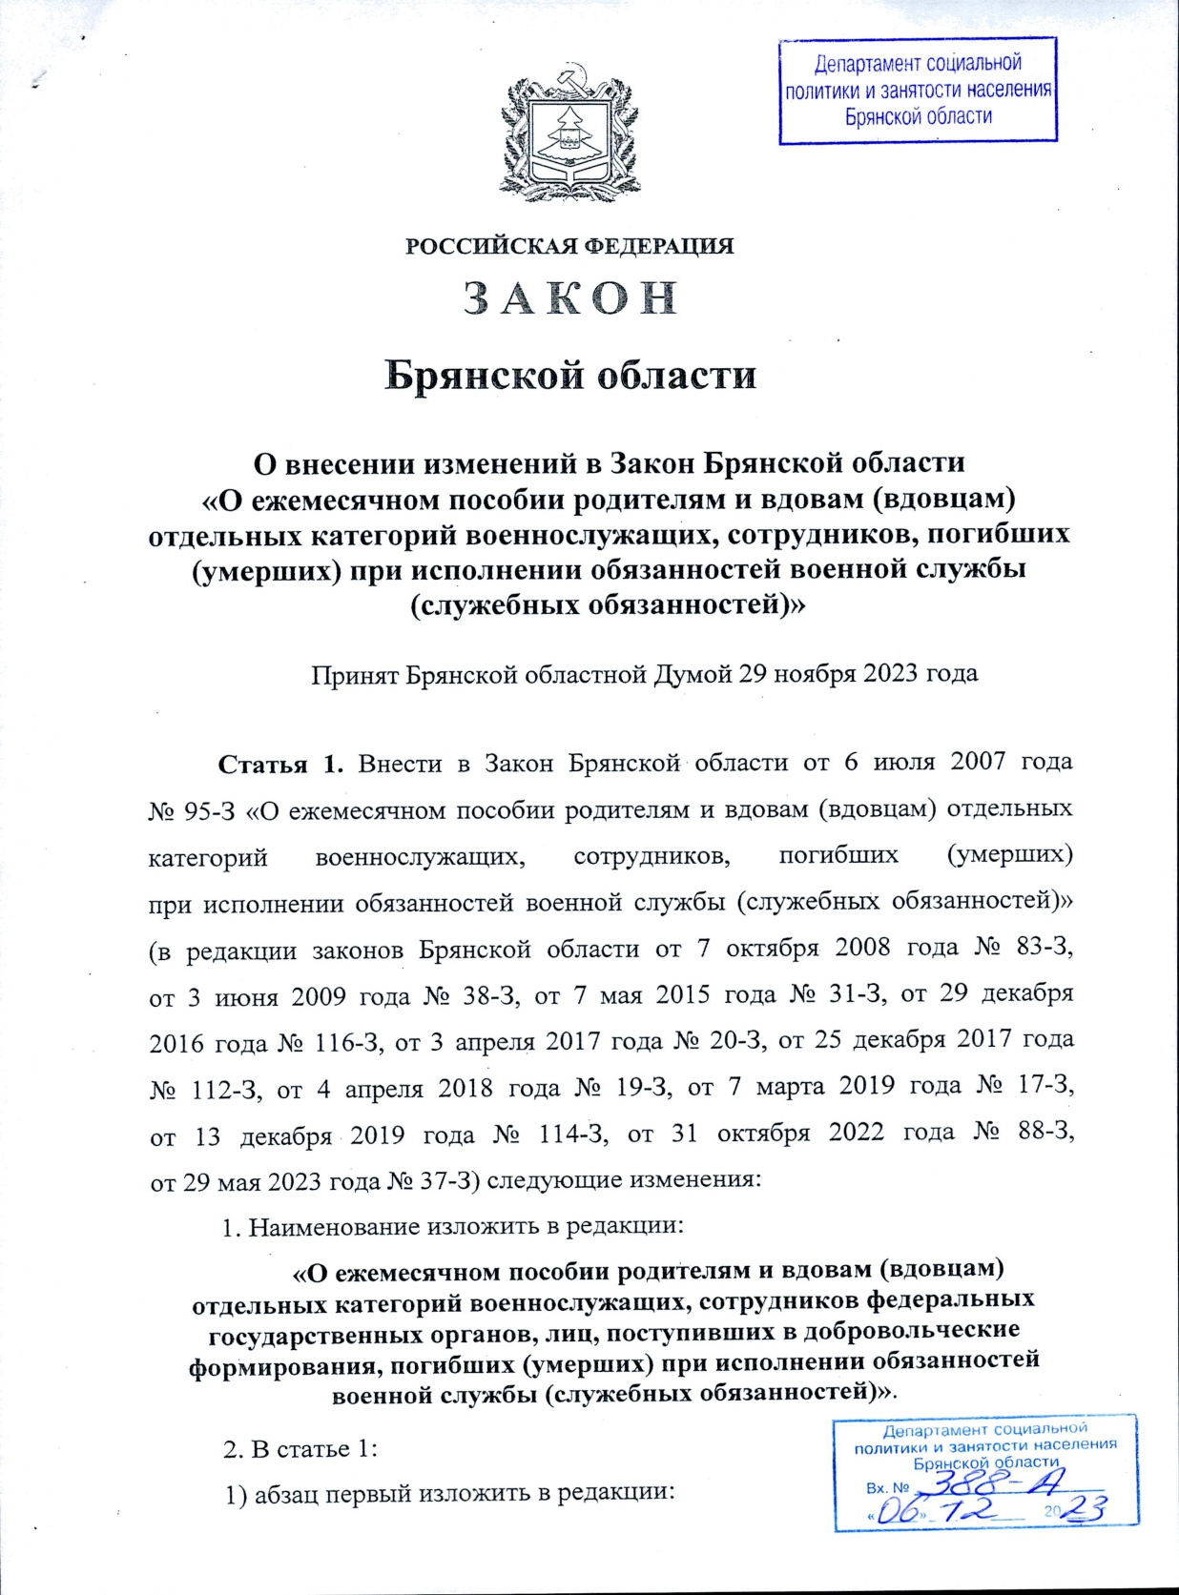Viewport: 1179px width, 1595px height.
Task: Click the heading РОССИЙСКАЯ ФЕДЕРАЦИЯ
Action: coord(569,246)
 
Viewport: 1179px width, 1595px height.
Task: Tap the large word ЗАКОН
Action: coord(570,298)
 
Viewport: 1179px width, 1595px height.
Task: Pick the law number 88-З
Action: coord(1045,1134)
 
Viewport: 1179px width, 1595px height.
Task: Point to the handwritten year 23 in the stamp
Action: coord(1086,1509)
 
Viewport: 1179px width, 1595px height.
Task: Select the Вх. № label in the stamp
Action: coord(886,1487)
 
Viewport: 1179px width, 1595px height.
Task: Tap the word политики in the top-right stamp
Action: coord(821,92)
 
